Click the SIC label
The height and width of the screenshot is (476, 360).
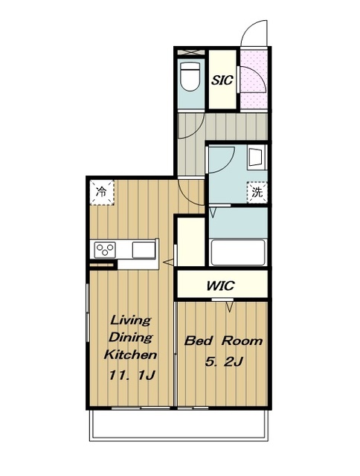point(222,80)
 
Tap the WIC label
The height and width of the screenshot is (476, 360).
point(220,286)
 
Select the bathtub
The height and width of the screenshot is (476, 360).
point(238,252)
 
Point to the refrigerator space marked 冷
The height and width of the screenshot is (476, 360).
point(102,193)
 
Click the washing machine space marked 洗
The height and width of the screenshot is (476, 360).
point(257,192)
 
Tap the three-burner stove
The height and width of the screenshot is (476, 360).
point(105,250)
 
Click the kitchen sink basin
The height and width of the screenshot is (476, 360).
point(144,250)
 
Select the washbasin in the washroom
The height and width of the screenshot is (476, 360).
point(257,157)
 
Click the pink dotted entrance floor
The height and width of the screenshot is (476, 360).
point(254,78)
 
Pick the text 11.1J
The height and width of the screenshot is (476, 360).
point(132,376)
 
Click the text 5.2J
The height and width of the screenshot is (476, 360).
point(223,361)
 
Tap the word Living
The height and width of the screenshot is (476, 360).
point(131,321)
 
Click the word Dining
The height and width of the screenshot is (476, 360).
point(130,337)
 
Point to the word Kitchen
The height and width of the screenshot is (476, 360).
point(130,355)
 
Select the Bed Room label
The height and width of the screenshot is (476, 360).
point(223,341)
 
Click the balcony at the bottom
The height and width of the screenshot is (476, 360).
point(179,425)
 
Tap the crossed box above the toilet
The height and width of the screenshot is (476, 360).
point(191,51)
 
